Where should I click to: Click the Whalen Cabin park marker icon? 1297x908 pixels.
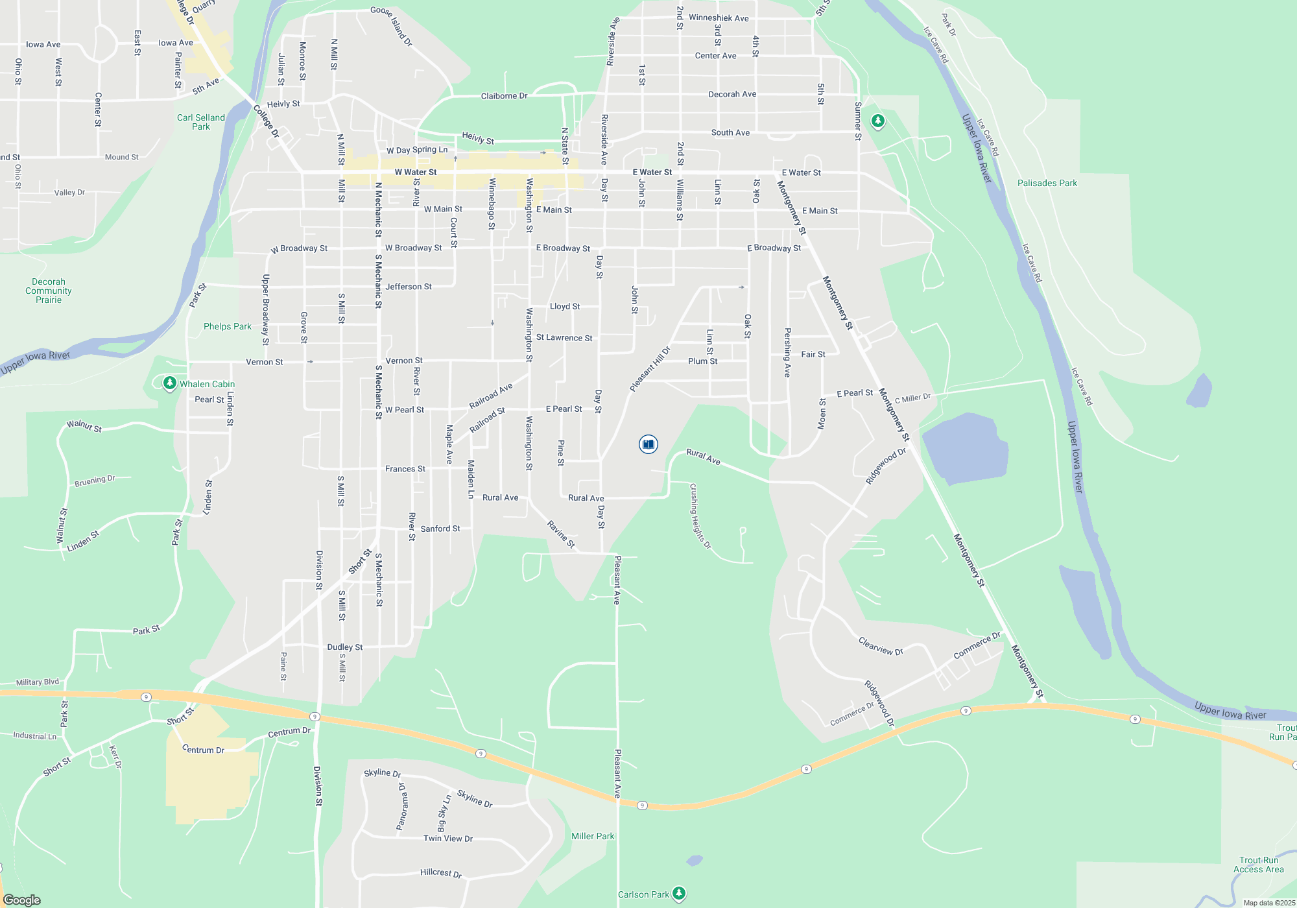[x=169, y=383]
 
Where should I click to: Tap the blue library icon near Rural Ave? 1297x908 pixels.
[x=648, y=444]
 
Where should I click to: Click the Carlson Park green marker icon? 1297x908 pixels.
[x=679, y=894]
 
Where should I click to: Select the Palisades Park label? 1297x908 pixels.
[x=1047, y=184]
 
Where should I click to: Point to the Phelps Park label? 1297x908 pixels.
[x=227, y=326]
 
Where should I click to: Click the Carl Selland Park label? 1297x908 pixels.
[x=201, y=122]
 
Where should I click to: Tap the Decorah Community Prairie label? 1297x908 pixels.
[x=49, y=291]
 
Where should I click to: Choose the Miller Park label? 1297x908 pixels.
[x=592, y=836]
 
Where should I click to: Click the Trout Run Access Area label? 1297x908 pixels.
[x=1258, y=865]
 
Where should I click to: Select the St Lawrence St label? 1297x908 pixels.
[x=564, y=338]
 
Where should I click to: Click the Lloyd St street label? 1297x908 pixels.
[x=565, y=306]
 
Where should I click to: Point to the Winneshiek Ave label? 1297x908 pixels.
[x=719, y=18]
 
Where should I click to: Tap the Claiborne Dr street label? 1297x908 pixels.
[x=504, y=96]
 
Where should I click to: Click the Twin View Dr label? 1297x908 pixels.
[x=448, y=839]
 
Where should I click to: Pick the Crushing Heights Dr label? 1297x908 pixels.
[x=700, y=516]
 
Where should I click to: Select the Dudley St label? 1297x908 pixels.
[x=345, y=647]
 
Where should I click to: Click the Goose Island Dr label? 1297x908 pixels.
[x=392, y=27]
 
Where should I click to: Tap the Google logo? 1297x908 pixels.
[x=22, y=900]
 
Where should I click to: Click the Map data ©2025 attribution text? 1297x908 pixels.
[x=1269, y=903]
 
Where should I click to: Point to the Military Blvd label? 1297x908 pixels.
[x=38, y=682]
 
